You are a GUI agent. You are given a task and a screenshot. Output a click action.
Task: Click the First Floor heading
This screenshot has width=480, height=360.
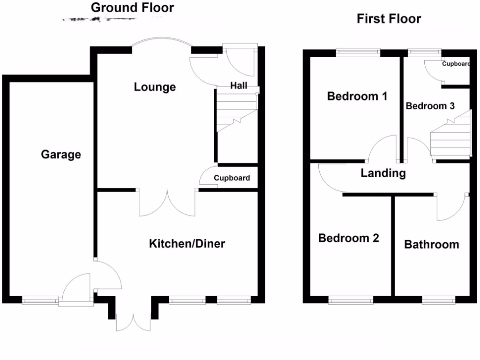(x=389, y=19)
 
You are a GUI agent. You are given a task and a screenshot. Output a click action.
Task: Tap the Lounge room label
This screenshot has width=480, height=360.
(x=155, y=87)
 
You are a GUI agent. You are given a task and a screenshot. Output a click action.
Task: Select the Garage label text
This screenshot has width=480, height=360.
(x=61, y=154)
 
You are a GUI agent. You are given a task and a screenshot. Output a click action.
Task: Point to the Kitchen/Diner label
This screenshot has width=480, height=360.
(x=187, y=244)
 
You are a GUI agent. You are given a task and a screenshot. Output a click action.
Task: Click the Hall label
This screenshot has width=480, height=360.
(x=239, y=86)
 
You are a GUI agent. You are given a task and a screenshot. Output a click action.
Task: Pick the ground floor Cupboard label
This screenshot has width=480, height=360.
(x=232, y=178)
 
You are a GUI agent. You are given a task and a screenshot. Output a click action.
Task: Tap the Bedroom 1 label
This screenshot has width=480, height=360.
(x=357, y=97)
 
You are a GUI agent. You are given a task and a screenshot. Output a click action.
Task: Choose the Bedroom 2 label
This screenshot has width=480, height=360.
(x=348, y=238)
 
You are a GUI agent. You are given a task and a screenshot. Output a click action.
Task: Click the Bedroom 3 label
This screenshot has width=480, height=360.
(x=430, y=106)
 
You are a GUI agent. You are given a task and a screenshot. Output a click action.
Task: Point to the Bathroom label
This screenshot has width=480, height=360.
(x=431, y=245)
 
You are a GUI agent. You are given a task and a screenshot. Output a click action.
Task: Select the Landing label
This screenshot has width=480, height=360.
(x=383, y=173)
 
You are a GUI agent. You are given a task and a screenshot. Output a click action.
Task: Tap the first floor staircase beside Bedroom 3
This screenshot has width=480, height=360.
(x=451, y=136)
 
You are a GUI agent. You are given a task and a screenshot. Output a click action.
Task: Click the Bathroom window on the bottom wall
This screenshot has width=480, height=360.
(x=438, y=300)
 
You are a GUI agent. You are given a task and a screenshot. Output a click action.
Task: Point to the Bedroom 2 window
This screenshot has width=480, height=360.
(x=351, y=300)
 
